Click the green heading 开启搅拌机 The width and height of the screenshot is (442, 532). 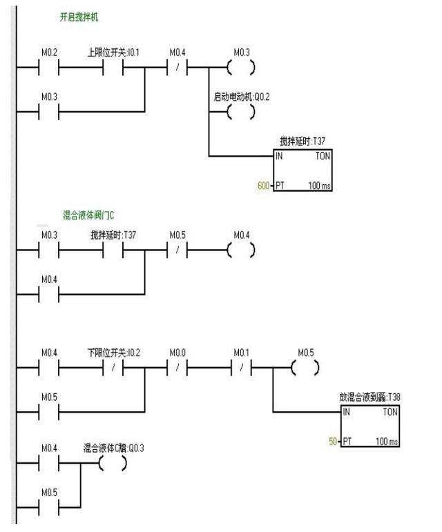pos(78,17)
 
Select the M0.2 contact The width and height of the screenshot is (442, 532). pos(48,68)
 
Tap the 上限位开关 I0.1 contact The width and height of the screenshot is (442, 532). pos(113,68)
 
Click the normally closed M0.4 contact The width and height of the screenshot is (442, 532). pos(177,68)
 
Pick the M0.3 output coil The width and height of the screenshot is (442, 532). pos(241,68)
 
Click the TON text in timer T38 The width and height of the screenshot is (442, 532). pos(388,412)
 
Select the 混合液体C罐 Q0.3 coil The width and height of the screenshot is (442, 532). pos(113,464)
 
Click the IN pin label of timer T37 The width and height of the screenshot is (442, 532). pos(280,157)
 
